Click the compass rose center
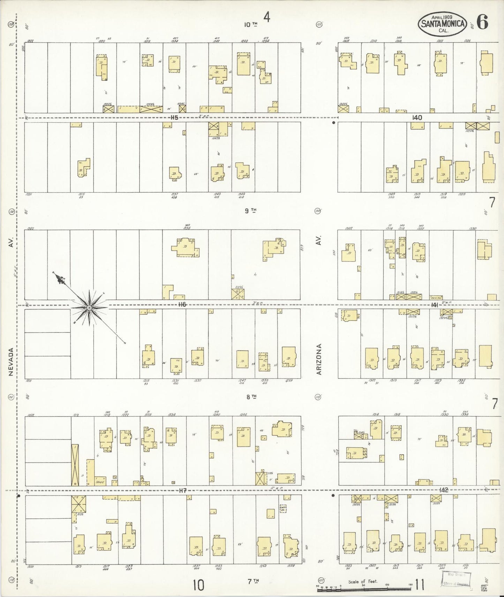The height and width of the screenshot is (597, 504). coord(89,308)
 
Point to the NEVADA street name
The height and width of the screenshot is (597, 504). coord(11,362)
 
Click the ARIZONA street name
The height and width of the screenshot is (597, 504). coord(318,359)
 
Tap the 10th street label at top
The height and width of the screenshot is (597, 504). coord(251,24)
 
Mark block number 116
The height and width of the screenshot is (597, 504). coord(182,305)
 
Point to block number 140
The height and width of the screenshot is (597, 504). coord(417,118)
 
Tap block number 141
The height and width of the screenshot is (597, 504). coord(434,305)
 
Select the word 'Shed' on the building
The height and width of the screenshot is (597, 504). coord(100,482)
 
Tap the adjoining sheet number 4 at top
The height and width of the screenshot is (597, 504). coord(267,17)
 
